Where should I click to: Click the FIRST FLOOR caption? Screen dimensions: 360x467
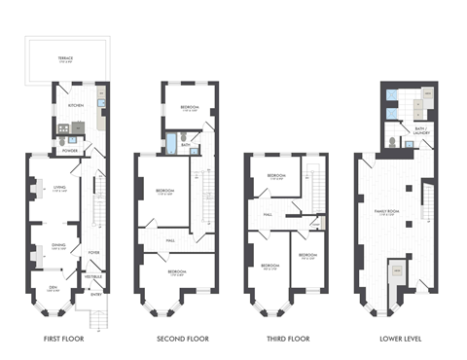[64, 340]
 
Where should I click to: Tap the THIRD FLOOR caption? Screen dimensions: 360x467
[286, 340]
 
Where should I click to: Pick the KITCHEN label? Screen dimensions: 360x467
[75, 104]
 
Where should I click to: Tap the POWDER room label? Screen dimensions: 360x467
[69, 151]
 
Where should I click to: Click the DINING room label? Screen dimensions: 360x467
[57, 245]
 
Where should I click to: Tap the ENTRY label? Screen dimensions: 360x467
[95, 294]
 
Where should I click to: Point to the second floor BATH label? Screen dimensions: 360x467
[184, 144]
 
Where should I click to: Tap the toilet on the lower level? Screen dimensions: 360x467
[390, 141]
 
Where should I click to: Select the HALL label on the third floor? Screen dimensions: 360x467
[267, 216]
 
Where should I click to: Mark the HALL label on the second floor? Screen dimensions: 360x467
[169, 238]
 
